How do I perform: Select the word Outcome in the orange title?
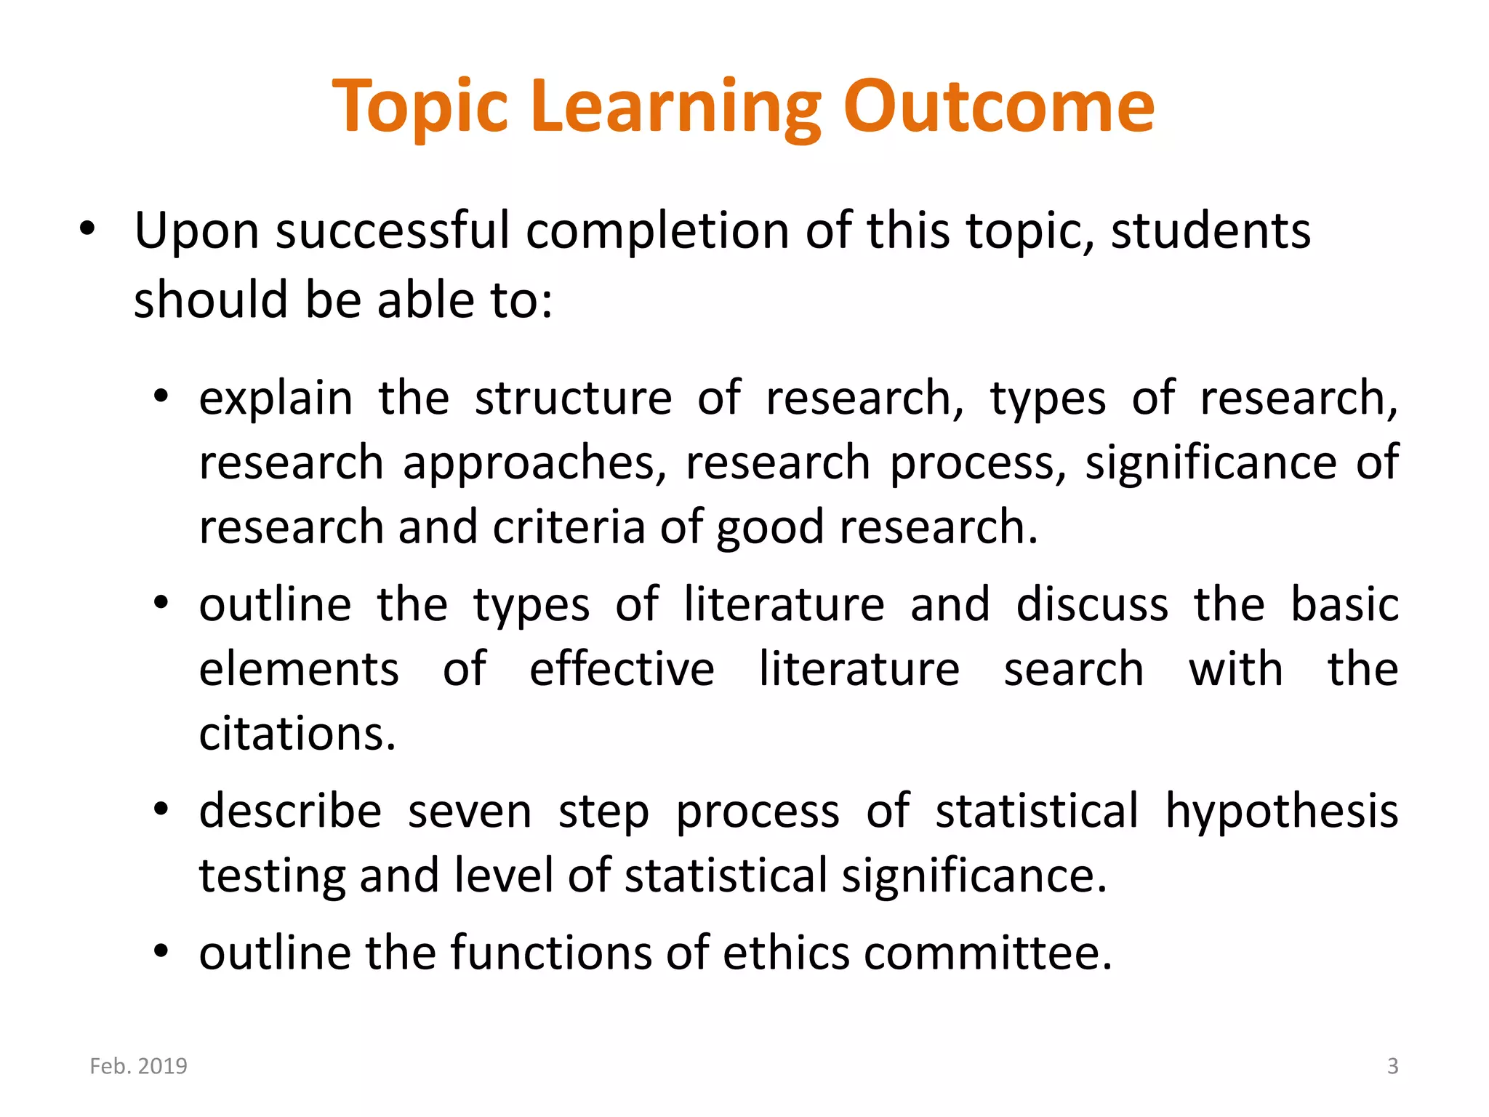(998, 107)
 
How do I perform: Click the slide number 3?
(1392, 1066)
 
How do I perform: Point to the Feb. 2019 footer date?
(138, 1066)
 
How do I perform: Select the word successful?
(393, 231)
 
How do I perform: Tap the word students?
(1211, 231)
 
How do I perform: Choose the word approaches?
(529, 464)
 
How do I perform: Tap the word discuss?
(1092, 605)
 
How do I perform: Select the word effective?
(622, 669)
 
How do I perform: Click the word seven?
(470, 812)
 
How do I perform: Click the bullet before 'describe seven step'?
(161, 809)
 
